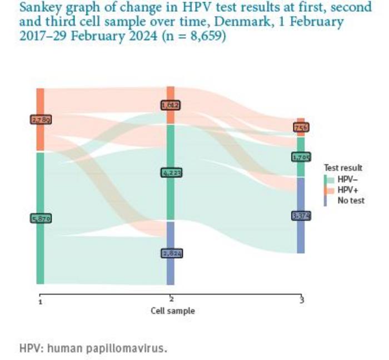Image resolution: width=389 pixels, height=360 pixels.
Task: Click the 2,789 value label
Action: pos(40,119)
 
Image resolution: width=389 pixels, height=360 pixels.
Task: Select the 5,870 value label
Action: pos(40,219)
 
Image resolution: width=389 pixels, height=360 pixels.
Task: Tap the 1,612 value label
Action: pos(171,105)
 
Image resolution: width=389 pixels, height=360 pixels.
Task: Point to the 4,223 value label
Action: pos(171,173)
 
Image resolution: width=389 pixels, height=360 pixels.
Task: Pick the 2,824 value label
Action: pos(171,253)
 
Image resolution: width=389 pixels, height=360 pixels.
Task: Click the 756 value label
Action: pos(301,127)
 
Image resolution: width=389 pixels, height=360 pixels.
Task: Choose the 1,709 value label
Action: pos(301,157)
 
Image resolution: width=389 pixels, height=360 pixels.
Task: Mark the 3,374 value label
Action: pos(301,215)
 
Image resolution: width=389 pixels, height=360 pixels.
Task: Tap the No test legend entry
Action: pos(350,200)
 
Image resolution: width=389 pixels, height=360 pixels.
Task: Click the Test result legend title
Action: pos(343,167)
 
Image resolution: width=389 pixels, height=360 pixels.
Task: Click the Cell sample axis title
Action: pos(172,310)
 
